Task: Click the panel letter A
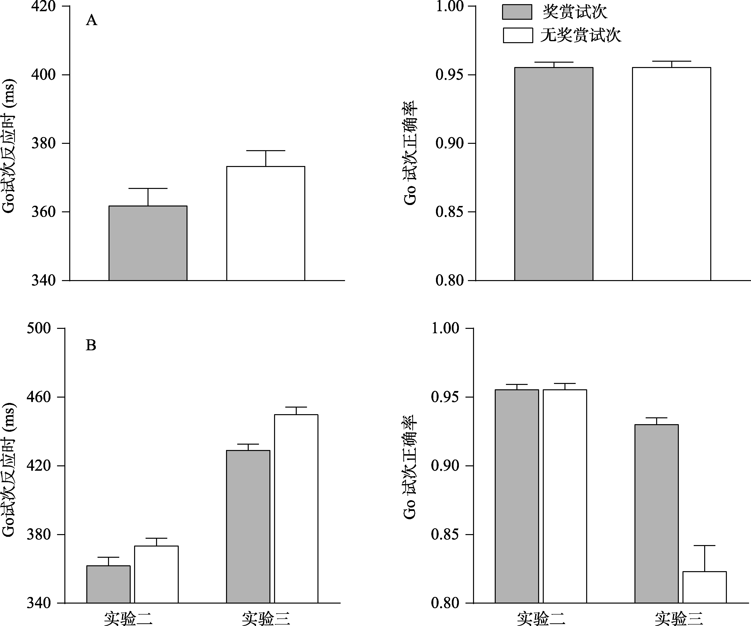click(91, 20)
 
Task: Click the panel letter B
click(91, 345)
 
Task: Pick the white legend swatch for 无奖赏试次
click(517, 35)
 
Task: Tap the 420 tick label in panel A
click(44, 6)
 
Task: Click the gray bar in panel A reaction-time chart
click(148, 243)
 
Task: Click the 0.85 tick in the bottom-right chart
click(445, 535)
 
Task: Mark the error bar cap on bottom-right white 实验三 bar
click(704, 546)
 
